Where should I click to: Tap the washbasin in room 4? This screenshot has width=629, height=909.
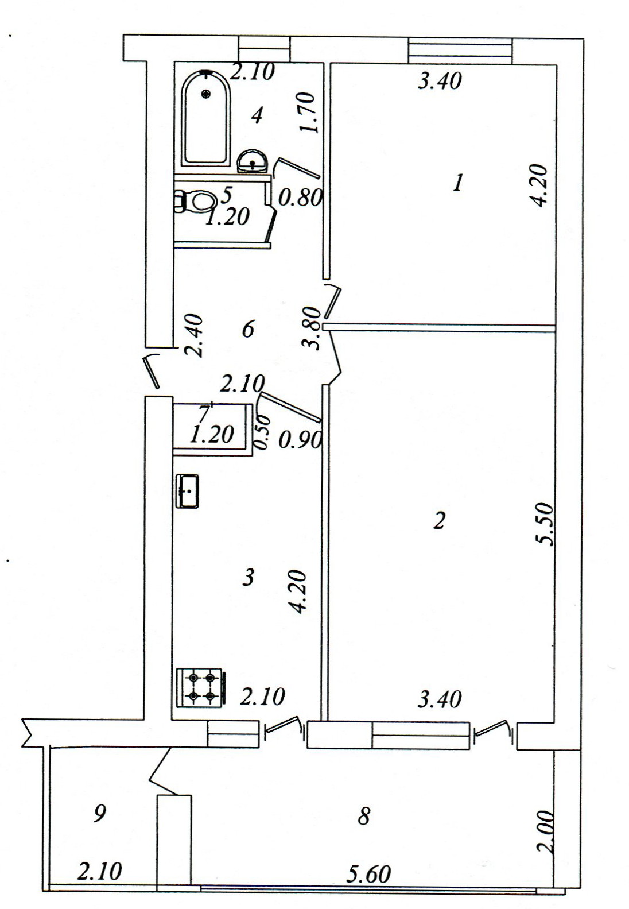[252, 161]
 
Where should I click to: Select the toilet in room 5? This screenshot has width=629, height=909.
[195, 201]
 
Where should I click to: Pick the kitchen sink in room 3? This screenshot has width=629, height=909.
[187, 491]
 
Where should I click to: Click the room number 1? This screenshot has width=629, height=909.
[458, 183]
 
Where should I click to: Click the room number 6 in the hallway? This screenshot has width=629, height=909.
[248, 328]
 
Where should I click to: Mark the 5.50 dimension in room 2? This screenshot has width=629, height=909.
[543, 524]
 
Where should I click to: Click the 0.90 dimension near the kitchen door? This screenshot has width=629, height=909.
[300, 439]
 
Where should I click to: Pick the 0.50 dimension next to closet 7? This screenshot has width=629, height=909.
[262, 432]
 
